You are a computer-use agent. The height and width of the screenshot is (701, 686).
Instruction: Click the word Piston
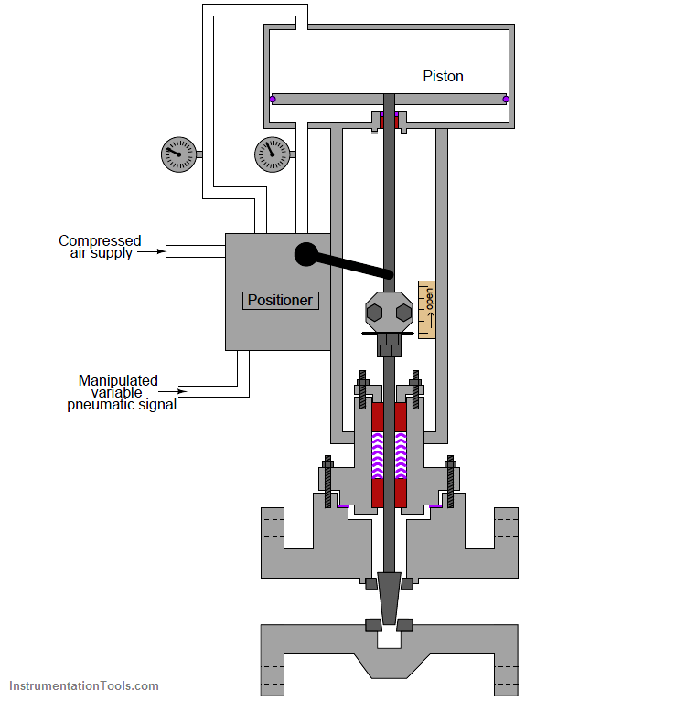[x=443, y=77]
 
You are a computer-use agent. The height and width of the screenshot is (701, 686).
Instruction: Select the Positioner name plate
[x=281, y=300]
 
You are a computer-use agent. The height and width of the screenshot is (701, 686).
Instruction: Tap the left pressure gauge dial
[x=178, y=154]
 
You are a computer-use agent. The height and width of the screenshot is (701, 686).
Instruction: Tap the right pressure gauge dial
[x=272, y=154]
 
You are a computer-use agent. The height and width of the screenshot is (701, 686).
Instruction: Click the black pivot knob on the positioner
[x=306, y=254]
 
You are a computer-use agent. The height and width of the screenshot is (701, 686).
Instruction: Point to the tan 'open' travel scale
[x=427, y=309]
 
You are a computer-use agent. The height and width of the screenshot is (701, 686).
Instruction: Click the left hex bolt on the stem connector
[x=374, y=313]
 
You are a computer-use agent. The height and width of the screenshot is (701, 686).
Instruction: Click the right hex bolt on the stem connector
[x=404, y=313]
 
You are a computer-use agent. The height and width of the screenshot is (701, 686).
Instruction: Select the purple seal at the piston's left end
[x=273, y=100]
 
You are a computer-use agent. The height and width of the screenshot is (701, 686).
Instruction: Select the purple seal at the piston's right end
[x=506, y=100]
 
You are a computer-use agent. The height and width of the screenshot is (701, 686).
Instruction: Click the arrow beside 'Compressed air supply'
[x=152, y=251]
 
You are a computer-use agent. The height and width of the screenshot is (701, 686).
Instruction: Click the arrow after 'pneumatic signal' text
[x=173, y=392]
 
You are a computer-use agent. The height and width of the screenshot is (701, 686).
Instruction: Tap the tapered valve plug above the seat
[x=389, y=598]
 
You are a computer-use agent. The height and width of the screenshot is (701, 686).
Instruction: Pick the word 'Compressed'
[x=100, y=240]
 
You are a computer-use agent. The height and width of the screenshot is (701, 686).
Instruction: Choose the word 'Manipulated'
[x=118, y=380]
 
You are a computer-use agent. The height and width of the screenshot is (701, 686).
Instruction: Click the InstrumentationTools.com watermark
[x=84, y=685]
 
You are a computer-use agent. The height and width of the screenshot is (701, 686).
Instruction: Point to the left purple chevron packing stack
[x=378, y=455]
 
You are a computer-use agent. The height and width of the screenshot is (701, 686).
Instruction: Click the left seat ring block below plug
[x=373, y=624]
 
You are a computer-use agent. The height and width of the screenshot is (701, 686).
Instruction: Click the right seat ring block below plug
[x=405, y=624]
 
